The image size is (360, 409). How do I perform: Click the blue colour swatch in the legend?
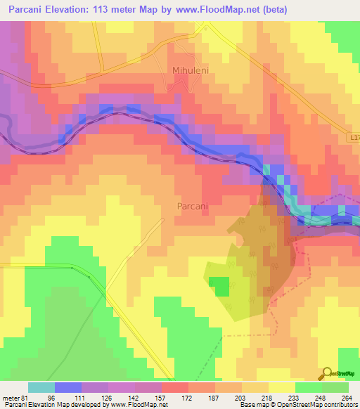[67, 387]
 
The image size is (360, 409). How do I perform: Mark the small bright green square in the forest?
[221, 286]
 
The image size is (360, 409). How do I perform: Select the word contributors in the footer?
[340, 405]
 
